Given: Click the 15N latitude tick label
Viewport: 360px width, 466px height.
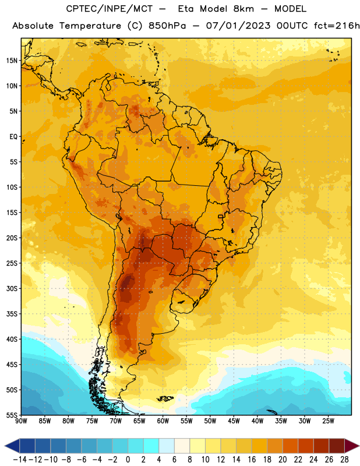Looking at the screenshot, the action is point(12,61).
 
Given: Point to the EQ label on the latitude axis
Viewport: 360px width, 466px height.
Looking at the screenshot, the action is point(13,137).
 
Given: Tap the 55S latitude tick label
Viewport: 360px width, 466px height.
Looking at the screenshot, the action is point(12,415).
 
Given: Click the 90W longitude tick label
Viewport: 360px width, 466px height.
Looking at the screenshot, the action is point(22,421).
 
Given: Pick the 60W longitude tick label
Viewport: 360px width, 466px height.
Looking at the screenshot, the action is point(163,421).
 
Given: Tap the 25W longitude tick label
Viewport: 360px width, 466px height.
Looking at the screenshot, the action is point(328,421).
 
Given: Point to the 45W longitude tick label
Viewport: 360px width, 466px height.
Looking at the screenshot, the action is point(234,421).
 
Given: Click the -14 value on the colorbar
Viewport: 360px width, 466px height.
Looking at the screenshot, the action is point(20,460).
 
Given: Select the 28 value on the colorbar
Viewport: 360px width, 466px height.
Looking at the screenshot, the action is point(344,460).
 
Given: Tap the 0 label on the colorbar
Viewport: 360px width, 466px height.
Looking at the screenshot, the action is point(128,460).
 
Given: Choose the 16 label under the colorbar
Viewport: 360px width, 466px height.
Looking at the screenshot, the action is point(252,460).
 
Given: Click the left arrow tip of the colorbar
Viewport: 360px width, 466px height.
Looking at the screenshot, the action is point(5,446).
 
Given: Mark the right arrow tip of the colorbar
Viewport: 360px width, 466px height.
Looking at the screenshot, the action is point(359,446).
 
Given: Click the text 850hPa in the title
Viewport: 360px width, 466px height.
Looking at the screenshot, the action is point(167,26).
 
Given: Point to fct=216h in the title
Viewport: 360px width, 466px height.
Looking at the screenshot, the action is point(337,26).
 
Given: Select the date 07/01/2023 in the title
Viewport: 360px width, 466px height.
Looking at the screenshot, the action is point(238,26).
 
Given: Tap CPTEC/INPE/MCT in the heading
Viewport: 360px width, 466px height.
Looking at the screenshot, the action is point(109,9).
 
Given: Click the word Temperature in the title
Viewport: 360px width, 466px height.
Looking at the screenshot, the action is point(90,26).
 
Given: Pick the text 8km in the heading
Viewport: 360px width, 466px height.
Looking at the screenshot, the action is point(243,9).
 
